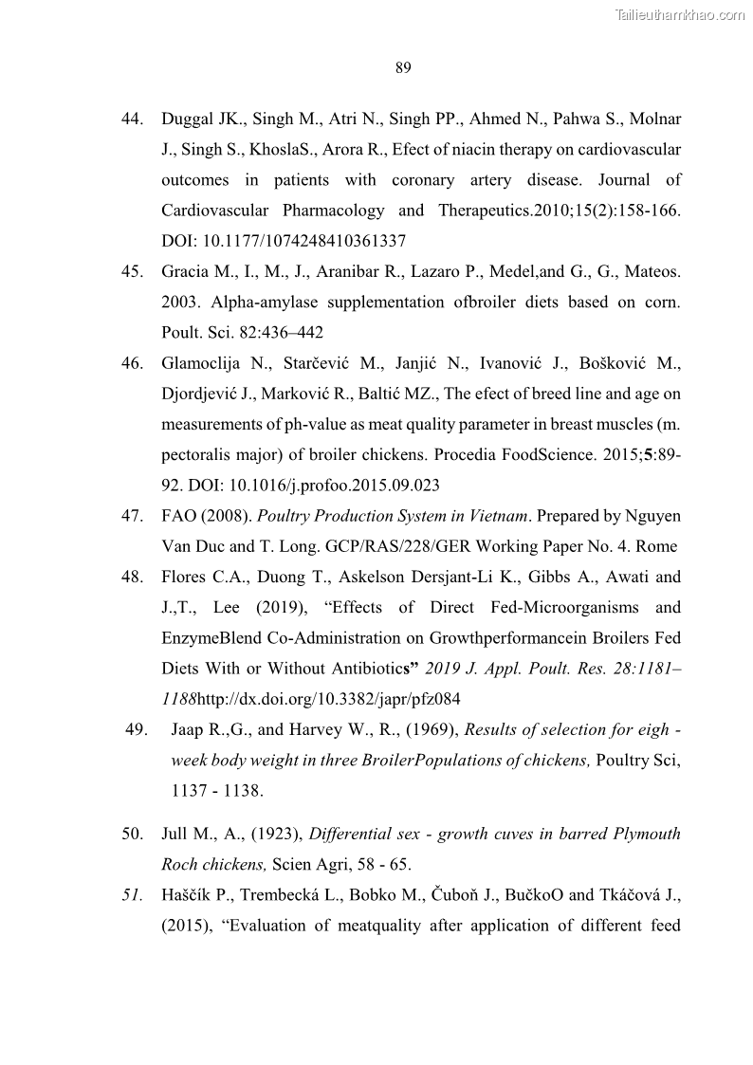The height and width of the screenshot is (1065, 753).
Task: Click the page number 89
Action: pyautogui.click(x=402, y=67)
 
